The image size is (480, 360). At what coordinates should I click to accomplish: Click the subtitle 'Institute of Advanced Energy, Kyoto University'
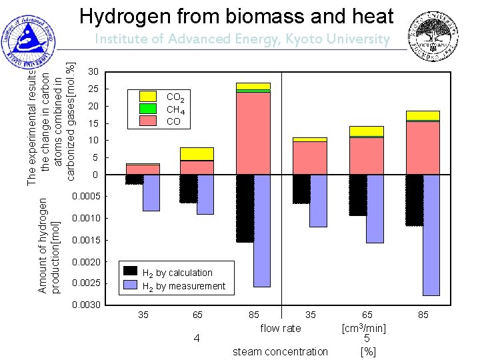[241, 39]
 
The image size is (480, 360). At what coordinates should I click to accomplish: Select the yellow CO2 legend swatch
[148, 97]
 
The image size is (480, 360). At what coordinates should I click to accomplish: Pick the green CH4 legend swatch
[148, 109]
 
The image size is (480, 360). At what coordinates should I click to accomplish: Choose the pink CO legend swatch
[148, 121]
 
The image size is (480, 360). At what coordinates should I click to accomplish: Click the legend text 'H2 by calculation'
[177, 273]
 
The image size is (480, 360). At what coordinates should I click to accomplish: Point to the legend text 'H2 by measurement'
[184, 286]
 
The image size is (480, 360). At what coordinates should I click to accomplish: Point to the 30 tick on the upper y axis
[94, 72]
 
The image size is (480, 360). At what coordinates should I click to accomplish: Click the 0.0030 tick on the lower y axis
[87, 305]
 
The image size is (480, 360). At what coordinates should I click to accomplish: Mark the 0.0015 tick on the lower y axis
[87, 240]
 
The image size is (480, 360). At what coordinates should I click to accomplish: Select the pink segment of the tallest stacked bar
[253, 133]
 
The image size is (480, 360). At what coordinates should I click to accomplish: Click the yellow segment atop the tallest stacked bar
[253, 86]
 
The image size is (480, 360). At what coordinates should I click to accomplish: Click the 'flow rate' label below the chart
[281, 328]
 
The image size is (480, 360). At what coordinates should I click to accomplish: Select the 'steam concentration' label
[280, 351]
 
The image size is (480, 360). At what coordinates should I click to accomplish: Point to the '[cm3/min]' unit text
[364, 328]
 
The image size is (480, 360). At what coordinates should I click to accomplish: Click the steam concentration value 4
[196, 339]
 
